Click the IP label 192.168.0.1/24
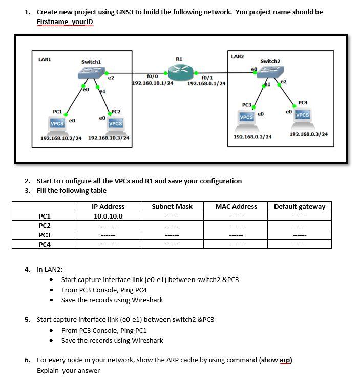[x=207, y=83]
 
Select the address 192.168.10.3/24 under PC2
[x=109, y=138]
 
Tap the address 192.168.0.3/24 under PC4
[x=308, y=134]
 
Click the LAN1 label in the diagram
[x=45, y=59]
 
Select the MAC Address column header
[x=236, y=206]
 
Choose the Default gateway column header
[x=300, y=206]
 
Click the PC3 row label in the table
[x=45, y=235]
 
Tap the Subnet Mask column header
[x=172, y=206]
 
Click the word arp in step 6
[x=285, y=360]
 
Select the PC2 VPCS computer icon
[x=115, y=122]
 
